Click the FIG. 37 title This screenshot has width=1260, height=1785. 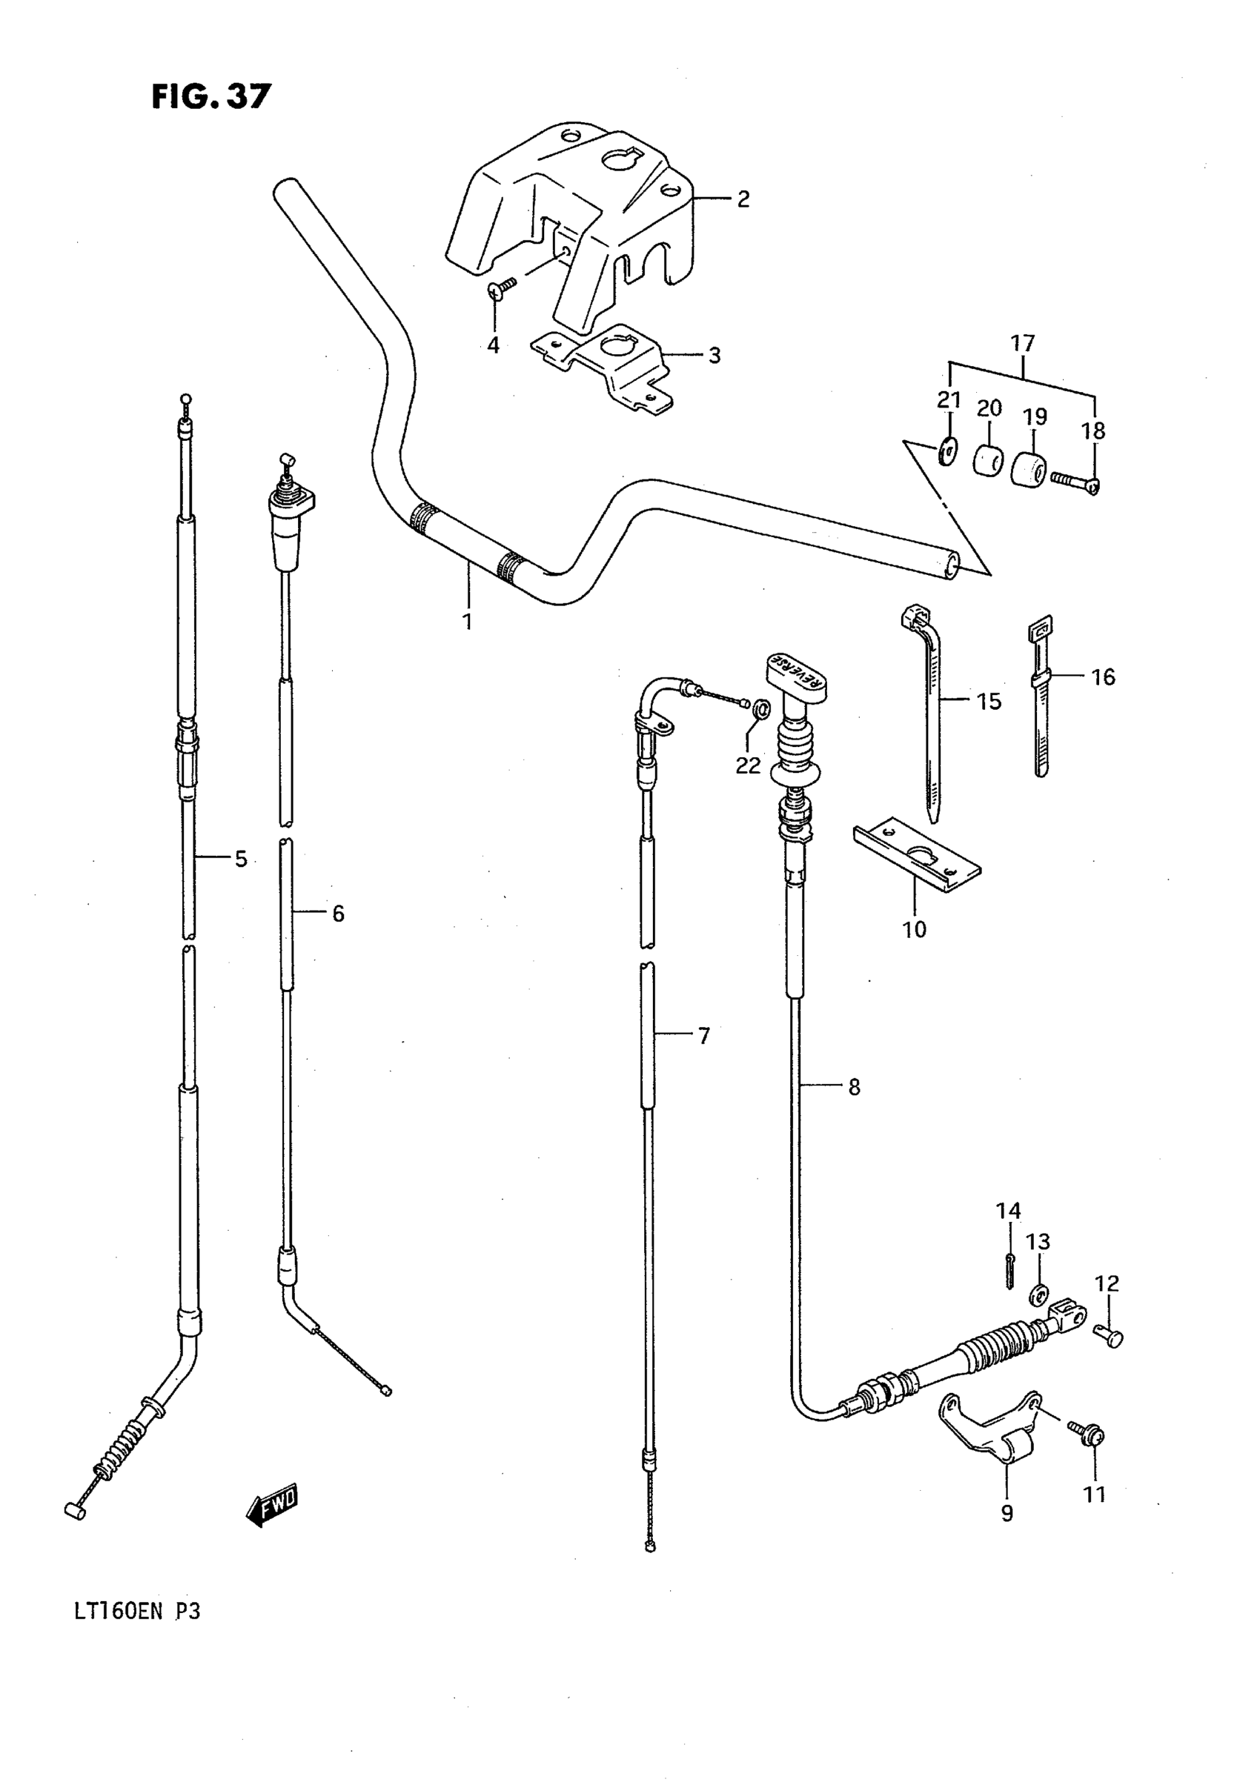pyautogui.click(x=210, y=97)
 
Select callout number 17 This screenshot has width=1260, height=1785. pyautogui.click(x=1023, y=343)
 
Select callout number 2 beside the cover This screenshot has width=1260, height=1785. pyautogui.click(x=743, y=199)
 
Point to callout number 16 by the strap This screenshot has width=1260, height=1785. pyautogui.click(x=1103, y=677)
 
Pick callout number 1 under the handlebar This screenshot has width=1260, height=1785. pyautogui.click(x=468, y=622)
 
